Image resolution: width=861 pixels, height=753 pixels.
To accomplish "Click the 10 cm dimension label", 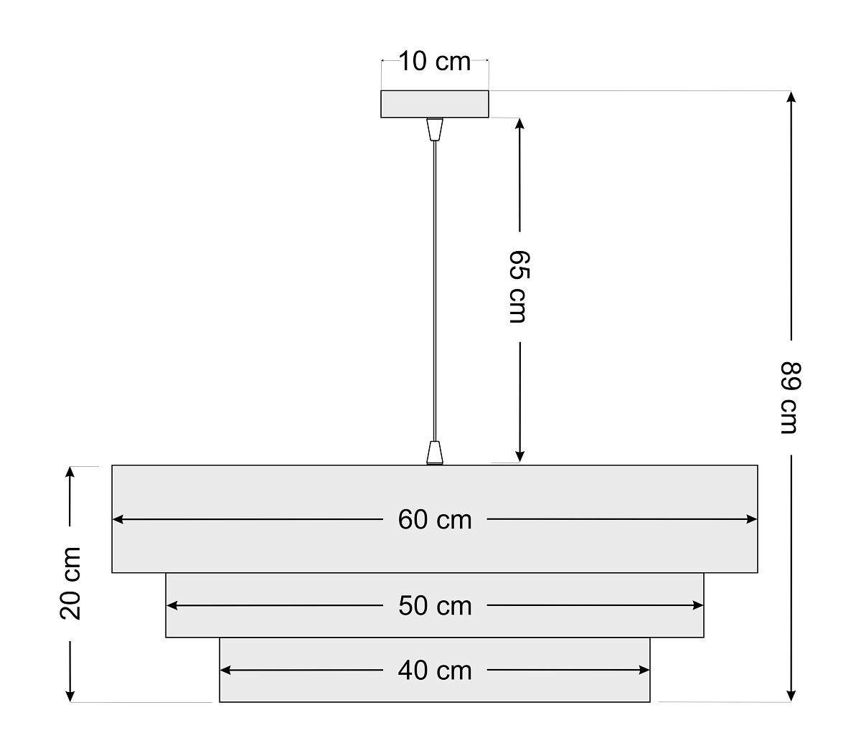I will (x=434, y=62).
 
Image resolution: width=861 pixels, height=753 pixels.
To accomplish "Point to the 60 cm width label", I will (x=435, y=519).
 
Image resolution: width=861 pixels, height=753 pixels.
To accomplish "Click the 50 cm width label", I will (x=435, y=606).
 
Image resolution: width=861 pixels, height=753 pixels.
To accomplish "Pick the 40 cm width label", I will (x=435, y=671).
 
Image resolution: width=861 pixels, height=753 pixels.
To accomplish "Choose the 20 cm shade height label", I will (x=70, y=582).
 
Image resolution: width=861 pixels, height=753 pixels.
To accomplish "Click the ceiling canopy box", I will (x=434, y=104).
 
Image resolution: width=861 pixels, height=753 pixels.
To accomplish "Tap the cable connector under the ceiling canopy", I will (x=434, y=129).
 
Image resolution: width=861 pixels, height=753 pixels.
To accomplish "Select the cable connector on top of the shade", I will (x=434, y=453).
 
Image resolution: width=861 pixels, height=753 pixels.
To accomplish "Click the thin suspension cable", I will (x=434, y=287).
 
